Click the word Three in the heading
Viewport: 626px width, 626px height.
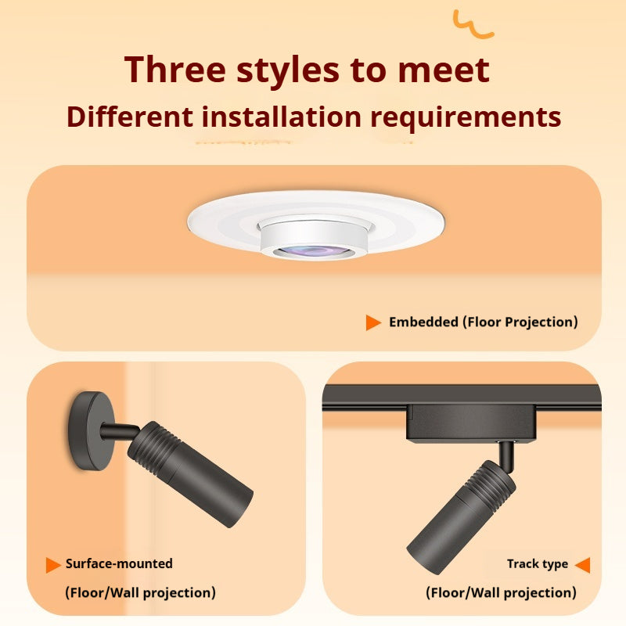pyautogui.click(x=174, y=70)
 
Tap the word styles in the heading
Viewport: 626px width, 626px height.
pyautogui.click(x=288, y=72)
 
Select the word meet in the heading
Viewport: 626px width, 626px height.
pyautogui.click(x=444, y=70)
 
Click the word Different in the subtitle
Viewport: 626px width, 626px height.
pyautogui.click(x=130, y=117)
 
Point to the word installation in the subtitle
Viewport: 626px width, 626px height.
pyautogui.click(x=282, y=117)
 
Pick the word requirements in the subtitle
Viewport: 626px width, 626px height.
pyautogui.click(x=466, y=118)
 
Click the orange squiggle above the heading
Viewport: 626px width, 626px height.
pyautogui.click(x=473, y=24)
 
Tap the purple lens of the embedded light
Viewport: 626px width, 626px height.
pyautogui.click(x=315, y=251)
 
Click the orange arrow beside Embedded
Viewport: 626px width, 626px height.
pyautogui.click(x=373, y=322)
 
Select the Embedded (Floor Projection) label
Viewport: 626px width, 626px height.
pyautogui.click(x=484, y=322)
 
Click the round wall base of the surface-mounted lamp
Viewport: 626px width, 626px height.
pyautogui.click(x=91, y=431)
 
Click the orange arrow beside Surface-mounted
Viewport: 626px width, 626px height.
pyautogui.click(x=53, y=565)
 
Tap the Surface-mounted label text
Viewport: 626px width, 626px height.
pyautogui.click(x=119, y=563)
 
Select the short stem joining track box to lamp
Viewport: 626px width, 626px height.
pyautogui.click(x=507, y=455)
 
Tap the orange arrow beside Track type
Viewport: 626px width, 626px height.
pyautogui.click(x=582, y=565)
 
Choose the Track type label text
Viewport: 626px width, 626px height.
pyautogui.click(x=538, y=564)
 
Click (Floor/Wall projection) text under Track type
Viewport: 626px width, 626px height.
pyautogui.click(x=501, y=593)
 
